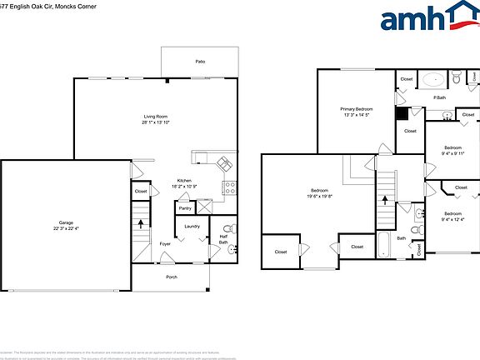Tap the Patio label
click(x=200, y=62)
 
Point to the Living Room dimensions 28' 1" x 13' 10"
click(x=157, y=122)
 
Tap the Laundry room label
click(x=192, y=226)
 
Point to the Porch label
click(x=172, y=277)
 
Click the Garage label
click(x=66, y=222)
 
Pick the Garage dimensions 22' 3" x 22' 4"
click(x=66, y=229)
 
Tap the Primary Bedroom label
click(x=357, y=109)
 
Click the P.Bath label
click(x=438, y=98)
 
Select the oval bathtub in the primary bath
click(x=433, y=80)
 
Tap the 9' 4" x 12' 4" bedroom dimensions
click(x=452, y=220)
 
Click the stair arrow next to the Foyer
click(x=141, y=224)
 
